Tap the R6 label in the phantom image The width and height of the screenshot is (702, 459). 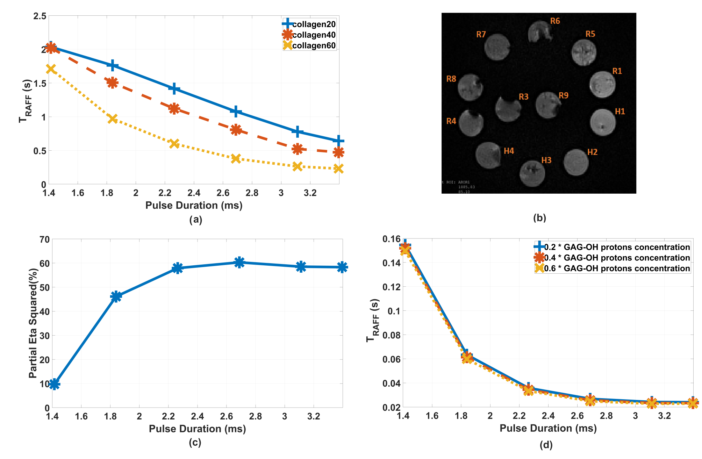(555, 21)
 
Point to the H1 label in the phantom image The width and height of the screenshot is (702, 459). (620, 112)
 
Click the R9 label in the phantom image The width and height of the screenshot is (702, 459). (563, 95)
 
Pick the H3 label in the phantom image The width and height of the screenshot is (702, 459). (546, 160)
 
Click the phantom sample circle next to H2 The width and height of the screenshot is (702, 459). (576, 163)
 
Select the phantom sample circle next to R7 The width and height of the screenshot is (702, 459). (497, 47)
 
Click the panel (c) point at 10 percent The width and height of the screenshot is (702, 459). (54, 384)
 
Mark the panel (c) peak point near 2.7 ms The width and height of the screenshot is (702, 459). (239, 262)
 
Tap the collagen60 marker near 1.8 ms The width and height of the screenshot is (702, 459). (112, 119)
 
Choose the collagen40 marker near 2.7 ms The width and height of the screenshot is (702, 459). (236, 130)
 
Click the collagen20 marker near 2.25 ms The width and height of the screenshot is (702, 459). (174, 89)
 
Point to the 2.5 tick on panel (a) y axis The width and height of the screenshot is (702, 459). (40, 16)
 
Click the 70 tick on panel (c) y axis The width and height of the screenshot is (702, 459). (44, 239)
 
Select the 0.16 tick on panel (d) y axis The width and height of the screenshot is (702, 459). (391, 239)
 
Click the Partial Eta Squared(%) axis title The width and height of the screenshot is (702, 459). (33, 323)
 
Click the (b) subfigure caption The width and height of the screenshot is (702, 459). (539, 218)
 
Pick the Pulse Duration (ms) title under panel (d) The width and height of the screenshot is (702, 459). (548, 428)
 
